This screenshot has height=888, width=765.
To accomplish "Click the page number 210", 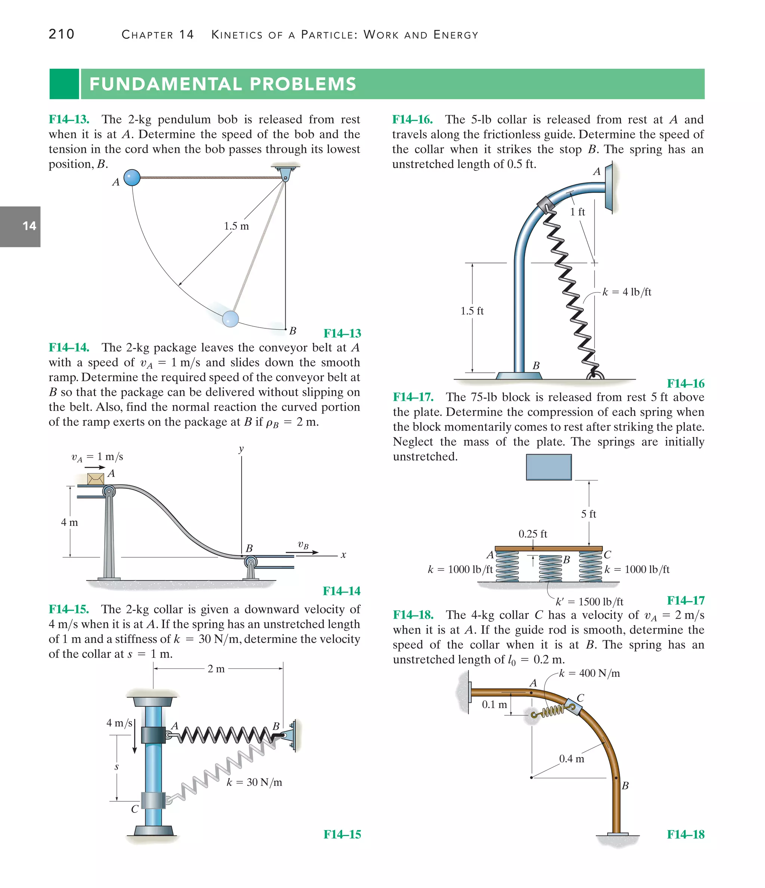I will [x=61, y=34].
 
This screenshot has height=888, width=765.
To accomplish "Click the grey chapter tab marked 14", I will [x=20, y=226].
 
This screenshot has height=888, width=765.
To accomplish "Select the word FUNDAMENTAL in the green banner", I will [x=165, y=84].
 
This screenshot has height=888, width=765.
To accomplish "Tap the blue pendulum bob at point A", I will [x=132, y=177].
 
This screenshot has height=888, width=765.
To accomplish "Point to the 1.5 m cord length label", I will [x=236, y=226].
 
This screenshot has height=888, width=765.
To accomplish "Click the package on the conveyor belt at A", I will [x=96, y=479].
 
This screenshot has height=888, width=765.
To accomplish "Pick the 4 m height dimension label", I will [x=69, y=522].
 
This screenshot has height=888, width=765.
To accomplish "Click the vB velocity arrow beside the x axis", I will [x=308, y=552].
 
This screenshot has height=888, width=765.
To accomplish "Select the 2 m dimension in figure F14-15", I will [x=216, y=669].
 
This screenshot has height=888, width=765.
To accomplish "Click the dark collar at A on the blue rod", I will [x=153, y=734].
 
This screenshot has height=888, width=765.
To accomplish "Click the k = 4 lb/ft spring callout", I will [x=626, y=292].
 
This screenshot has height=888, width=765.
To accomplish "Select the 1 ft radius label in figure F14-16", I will [x=577, y=212].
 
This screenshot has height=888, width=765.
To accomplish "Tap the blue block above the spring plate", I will [x=549, y=467].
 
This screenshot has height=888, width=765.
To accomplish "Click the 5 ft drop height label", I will [x=588, y=514].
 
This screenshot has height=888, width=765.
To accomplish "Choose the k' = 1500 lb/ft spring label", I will [x=589, y=602].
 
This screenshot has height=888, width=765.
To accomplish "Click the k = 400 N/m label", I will [x=589, y=673].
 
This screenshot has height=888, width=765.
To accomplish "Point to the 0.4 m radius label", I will [x=571, y=759].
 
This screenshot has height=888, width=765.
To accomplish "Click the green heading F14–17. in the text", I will [x=413, y=397].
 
